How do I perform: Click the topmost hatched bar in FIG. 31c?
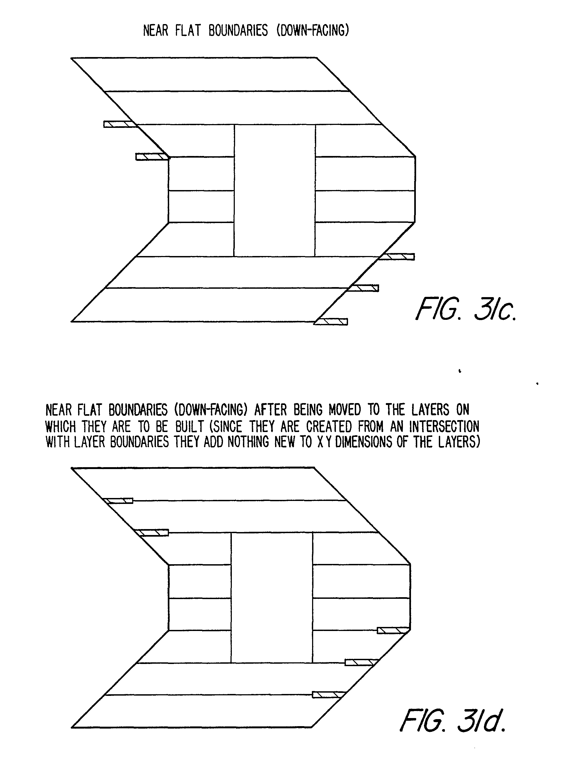tap(119, 124)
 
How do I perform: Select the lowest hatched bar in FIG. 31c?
tap(331, 322)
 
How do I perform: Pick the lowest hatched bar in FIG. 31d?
tap(329, 695)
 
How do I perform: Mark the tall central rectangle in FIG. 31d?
tap(272, 598)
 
